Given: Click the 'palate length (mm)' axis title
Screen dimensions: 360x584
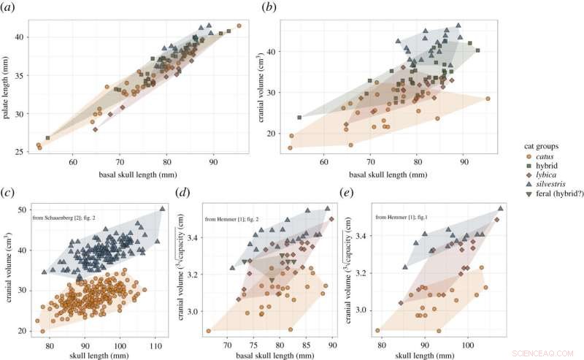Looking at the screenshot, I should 7,86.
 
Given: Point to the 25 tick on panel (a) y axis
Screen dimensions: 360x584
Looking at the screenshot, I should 24,152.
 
